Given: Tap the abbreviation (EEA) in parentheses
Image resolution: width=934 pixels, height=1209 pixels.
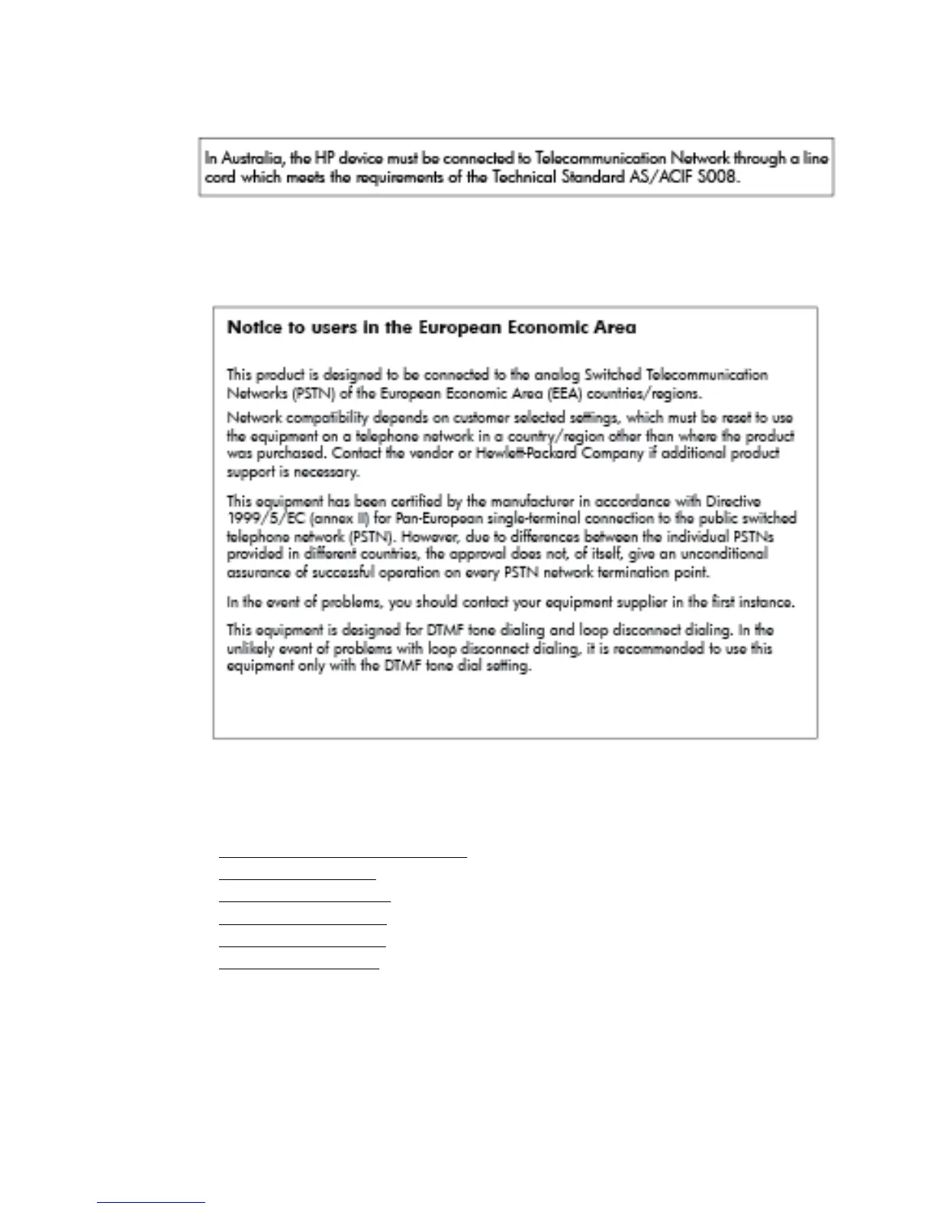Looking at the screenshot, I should point(564,394).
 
